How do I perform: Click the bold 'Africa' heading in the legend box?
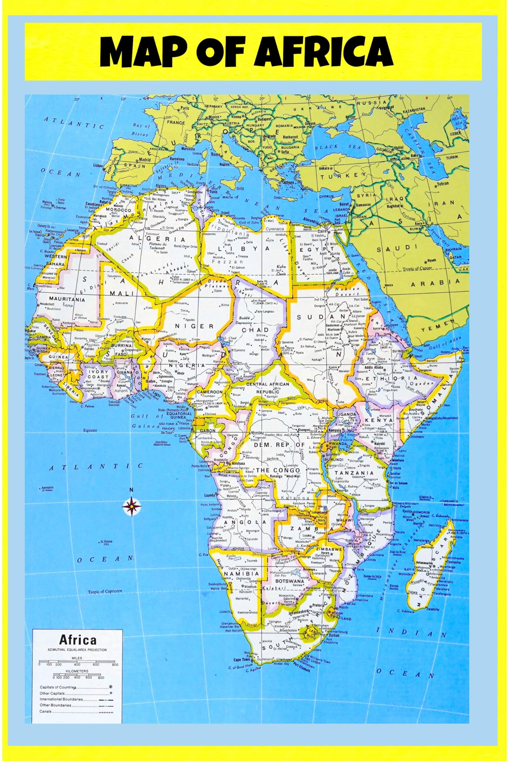77,640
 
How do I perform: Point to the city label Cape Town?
241,658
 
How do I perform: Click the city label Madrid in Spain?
145,160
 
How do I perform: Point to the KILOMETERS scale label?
77,671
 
